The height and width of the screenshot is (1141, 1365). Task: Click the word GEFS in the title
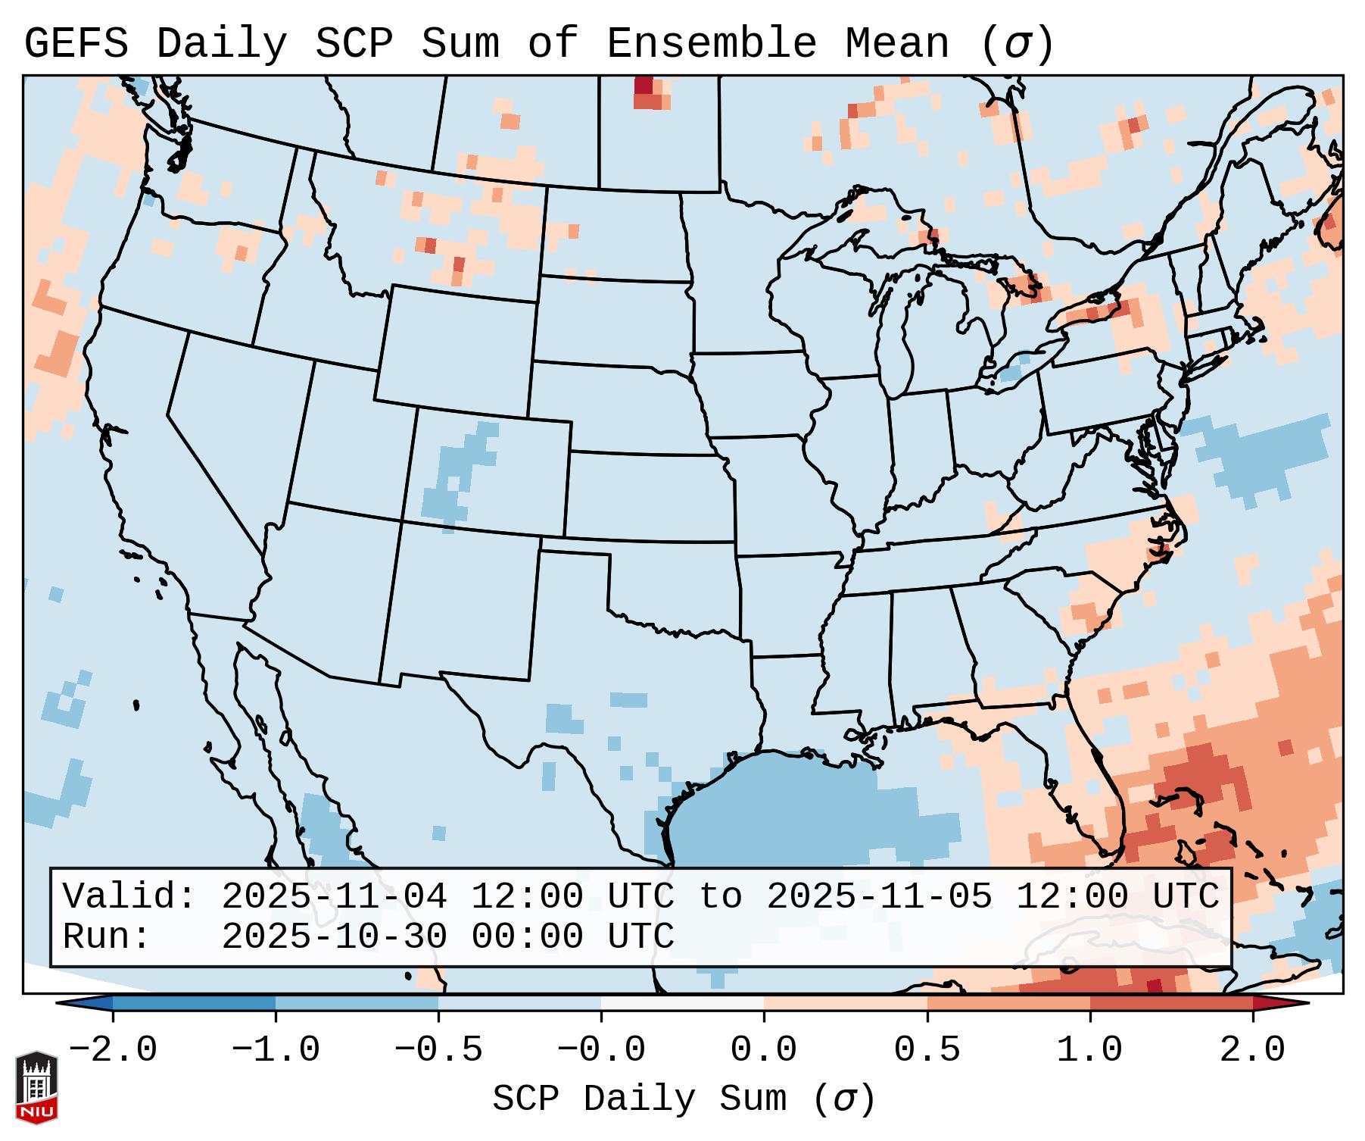click(x=76, y=44)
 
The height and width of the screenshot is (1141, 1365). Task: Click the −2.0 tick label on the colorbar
click(x=113, y=1050)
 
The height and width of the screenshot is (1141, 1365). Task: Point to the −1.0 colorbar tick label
click(x=276, y=1050)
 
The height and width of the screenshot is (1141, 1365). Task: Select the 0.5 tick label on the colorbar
click(x=927, y=1050)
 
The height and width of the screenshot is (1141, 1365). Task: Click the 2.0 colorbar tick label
click(x=1252, y=1050)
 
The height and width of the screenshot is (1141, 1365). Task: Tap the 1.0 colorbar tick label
click(x=1089, y=1050)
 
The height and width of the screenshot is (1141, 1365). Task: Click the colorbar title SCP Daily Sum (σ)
click(x=684, y=1099)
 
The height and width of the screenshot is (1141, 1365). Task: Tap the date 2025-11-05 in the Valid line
click(x=879, y=897)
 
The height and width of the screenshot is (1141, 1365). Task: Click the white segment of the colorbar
click(x=682, y=1003)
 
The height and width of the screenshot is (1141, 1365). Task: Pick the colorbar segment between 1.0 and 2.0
click(x=1170, y=1003)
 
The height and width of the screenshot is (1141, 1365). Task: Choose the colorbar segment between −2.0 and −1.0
click(x=194, y=1003)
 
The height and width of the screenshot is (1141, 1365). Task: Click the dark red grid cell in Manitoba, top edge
click(x=644, y=85)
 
